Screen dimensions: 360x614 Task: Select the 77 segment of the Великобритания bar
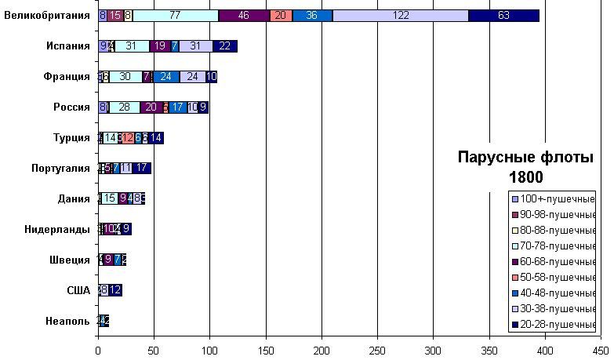[x=175, y=16]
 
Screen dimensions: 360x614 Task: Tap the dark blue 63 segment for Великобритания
[x=503, y=16]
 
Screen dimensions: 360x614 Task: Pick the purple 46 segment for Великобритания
[x=243, y=16]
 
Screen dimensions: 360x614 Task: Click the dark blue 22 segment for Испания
[x=225, y=46]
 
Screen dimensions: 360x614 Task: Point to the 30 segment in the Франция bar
[x=125, y=77]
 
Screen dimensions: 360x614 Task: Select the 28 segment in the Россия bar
[x=124, y=107]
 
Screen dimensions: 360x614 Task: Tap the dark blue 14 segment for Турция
[x=156, y=138]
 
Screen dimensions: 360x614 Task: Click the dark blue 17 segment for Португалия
[x=142, y=169]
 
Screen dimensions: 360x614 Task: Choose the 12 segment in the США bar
[x=115, y=291]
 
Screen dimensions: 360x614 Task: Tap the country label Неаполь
[x=67, y=322]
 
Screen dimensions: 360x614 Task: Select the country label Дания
[x=74, y=199]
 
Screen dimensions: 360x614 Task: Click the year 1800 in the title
[x=525, y=176]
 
